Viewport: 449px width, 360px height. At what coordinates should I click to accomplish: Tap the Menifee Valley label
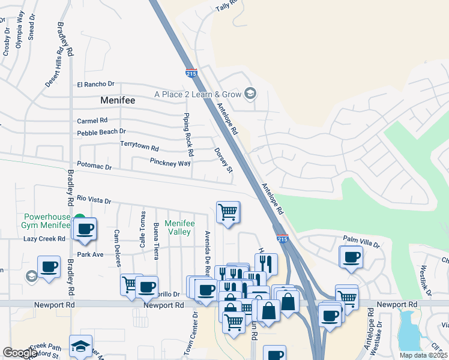[179, 227]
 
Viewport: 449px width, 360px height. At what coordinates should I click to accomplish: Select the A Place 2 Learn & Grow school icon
[250, 94]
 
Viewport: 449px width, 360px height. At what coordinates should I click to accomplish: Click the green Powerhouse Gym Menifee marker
[80, 218]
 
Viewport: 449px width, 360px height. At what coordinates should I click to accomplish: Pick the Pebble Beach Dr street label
[101, 132]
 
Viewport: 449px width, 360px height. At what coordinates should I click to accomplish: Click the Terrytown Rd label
[139, 147]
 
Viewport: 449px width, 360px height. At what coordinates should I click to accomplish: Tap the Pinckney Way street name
[170, 163]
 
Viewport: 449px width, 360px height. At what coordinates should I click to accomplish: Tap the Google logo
[20, 353]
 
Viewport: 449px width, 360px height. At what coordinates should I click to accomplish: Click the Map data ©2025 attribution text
[423, 355]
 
